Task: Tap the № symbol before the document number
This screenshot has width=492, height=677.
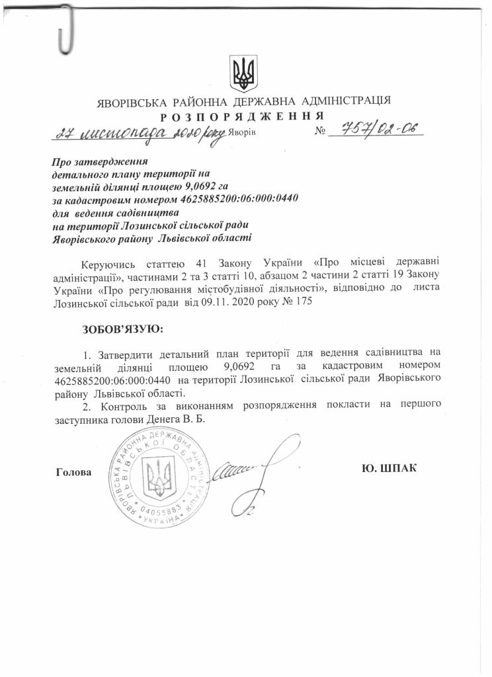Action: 322,132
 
